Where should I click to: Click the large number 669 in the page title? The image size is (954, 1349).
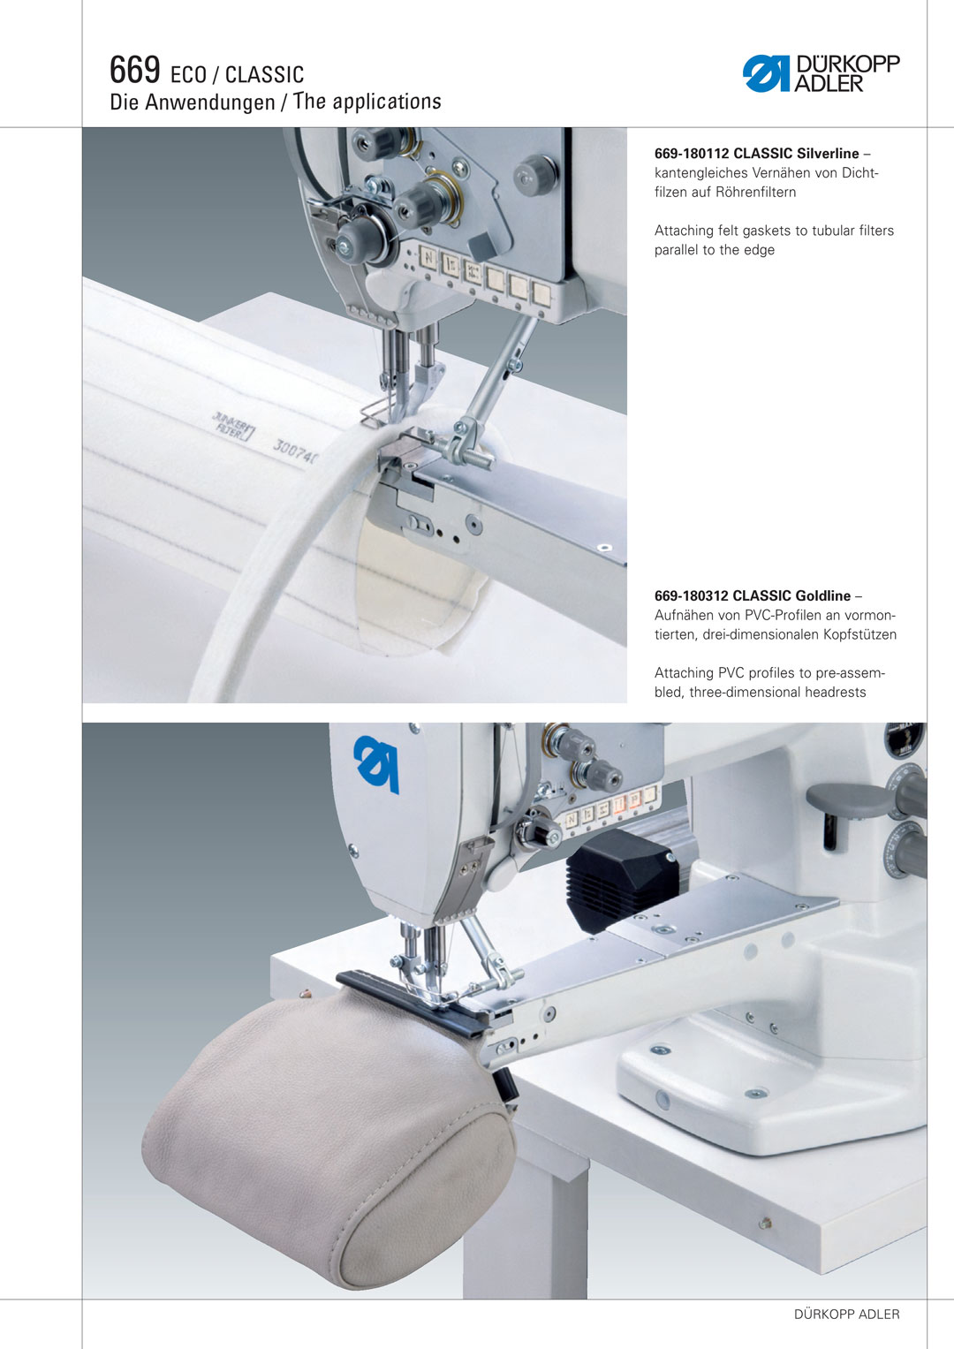(135, 70)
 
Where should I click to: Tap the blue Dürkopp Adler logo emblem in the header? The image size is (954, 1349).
(766, 73)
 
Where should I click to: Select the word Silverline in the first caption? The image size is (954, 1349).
(828, 154)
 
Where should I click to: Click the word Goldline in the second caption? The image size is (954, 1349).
(823, 595)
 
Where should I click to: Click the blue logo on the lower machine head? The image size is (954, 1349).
(376, 763)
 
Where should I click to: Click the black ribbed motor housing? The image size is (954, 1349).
(624, 880)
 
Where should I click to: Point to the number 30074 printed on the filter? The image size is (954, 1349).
(295, 451)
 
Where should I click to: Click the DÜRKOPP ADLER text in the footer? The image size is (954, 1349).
(847, 1314)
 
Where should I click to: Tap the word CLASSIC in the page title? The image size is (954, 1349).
(264, 75)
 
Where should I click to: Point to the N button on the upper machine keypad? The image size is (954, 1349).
(428, 258)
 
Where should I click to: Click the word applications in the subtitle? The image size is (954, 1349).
(387, 102)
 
